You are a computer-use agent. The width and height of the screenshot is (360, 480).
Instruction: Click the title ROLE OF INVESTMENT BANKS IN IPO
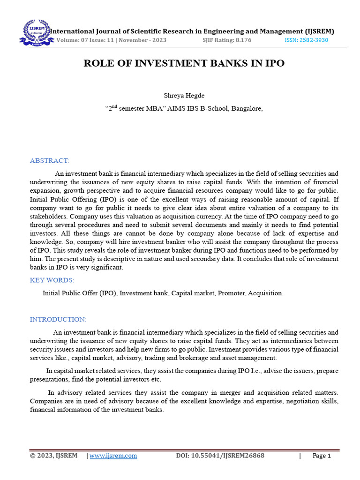pos(184,63)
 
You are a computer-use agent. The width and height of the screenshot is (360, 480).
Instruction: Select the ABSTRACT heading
pos(49,161)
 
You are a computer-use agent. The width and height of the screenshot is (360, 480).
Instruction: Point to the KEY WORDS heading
pos(52,280)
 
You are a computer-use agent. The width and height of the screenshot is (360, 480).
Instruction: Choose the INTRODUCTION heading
pos(58,319)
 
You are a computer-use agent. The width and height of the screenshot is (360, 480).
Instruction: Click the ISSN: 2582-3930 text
pos(307,40)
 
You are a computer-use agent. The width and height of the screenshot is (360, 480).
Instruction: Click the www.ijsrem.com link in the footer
pos(113,456)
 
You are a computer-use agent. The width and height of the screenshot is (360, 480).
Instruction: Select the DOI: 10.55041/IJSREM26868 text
pos(220,456)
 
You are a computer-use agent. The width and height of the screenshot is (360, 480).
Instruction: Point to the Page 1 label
pos(322,456)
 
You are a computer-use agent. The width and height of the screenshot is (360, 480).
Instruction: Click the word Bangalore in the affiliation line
pos(245,109)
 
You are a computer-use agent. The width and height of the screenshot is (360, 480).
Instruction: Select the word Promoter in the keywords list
pos(231,293)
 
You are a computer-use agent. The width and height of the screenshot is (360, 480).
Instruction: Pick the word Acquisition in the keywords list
pos(265,293)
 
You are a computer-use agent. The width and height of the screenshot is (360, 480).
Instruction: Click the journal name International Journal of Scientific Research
pos(141,31)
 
